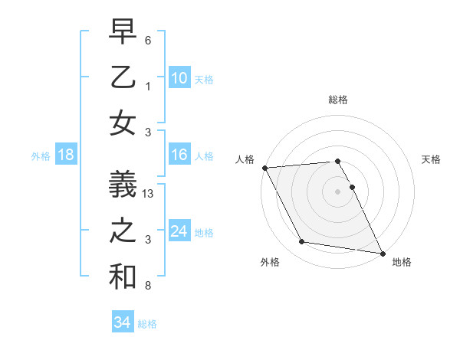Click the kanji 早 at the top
(x=123, y=33)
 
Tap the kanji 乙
(x=123, y=77)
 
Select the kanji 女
(x=123, y=123)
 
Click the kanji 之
(x=123, y=231)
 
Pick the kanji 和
(x=123, y=277)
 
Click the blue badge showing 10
(x=179, y=78)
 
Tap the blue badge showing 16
(x=179, y=155)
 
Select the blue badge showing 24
(x=179, y=231)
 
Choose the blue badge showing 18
(x=66, y=155)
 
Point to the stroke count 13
(x=149, y=195)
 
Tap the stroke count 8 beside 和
(x=148, y=286)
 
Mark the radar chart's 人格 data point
(x=264, y=168)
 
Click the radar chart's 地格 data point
(x=381, y=252)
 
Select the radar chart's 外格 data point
(x=301, y=242)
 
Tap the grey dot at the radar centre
(x=337, y=191)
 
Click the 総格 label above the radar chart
(x=338, y=100)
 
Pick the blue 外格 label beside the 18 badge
(x=41, y=156)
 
